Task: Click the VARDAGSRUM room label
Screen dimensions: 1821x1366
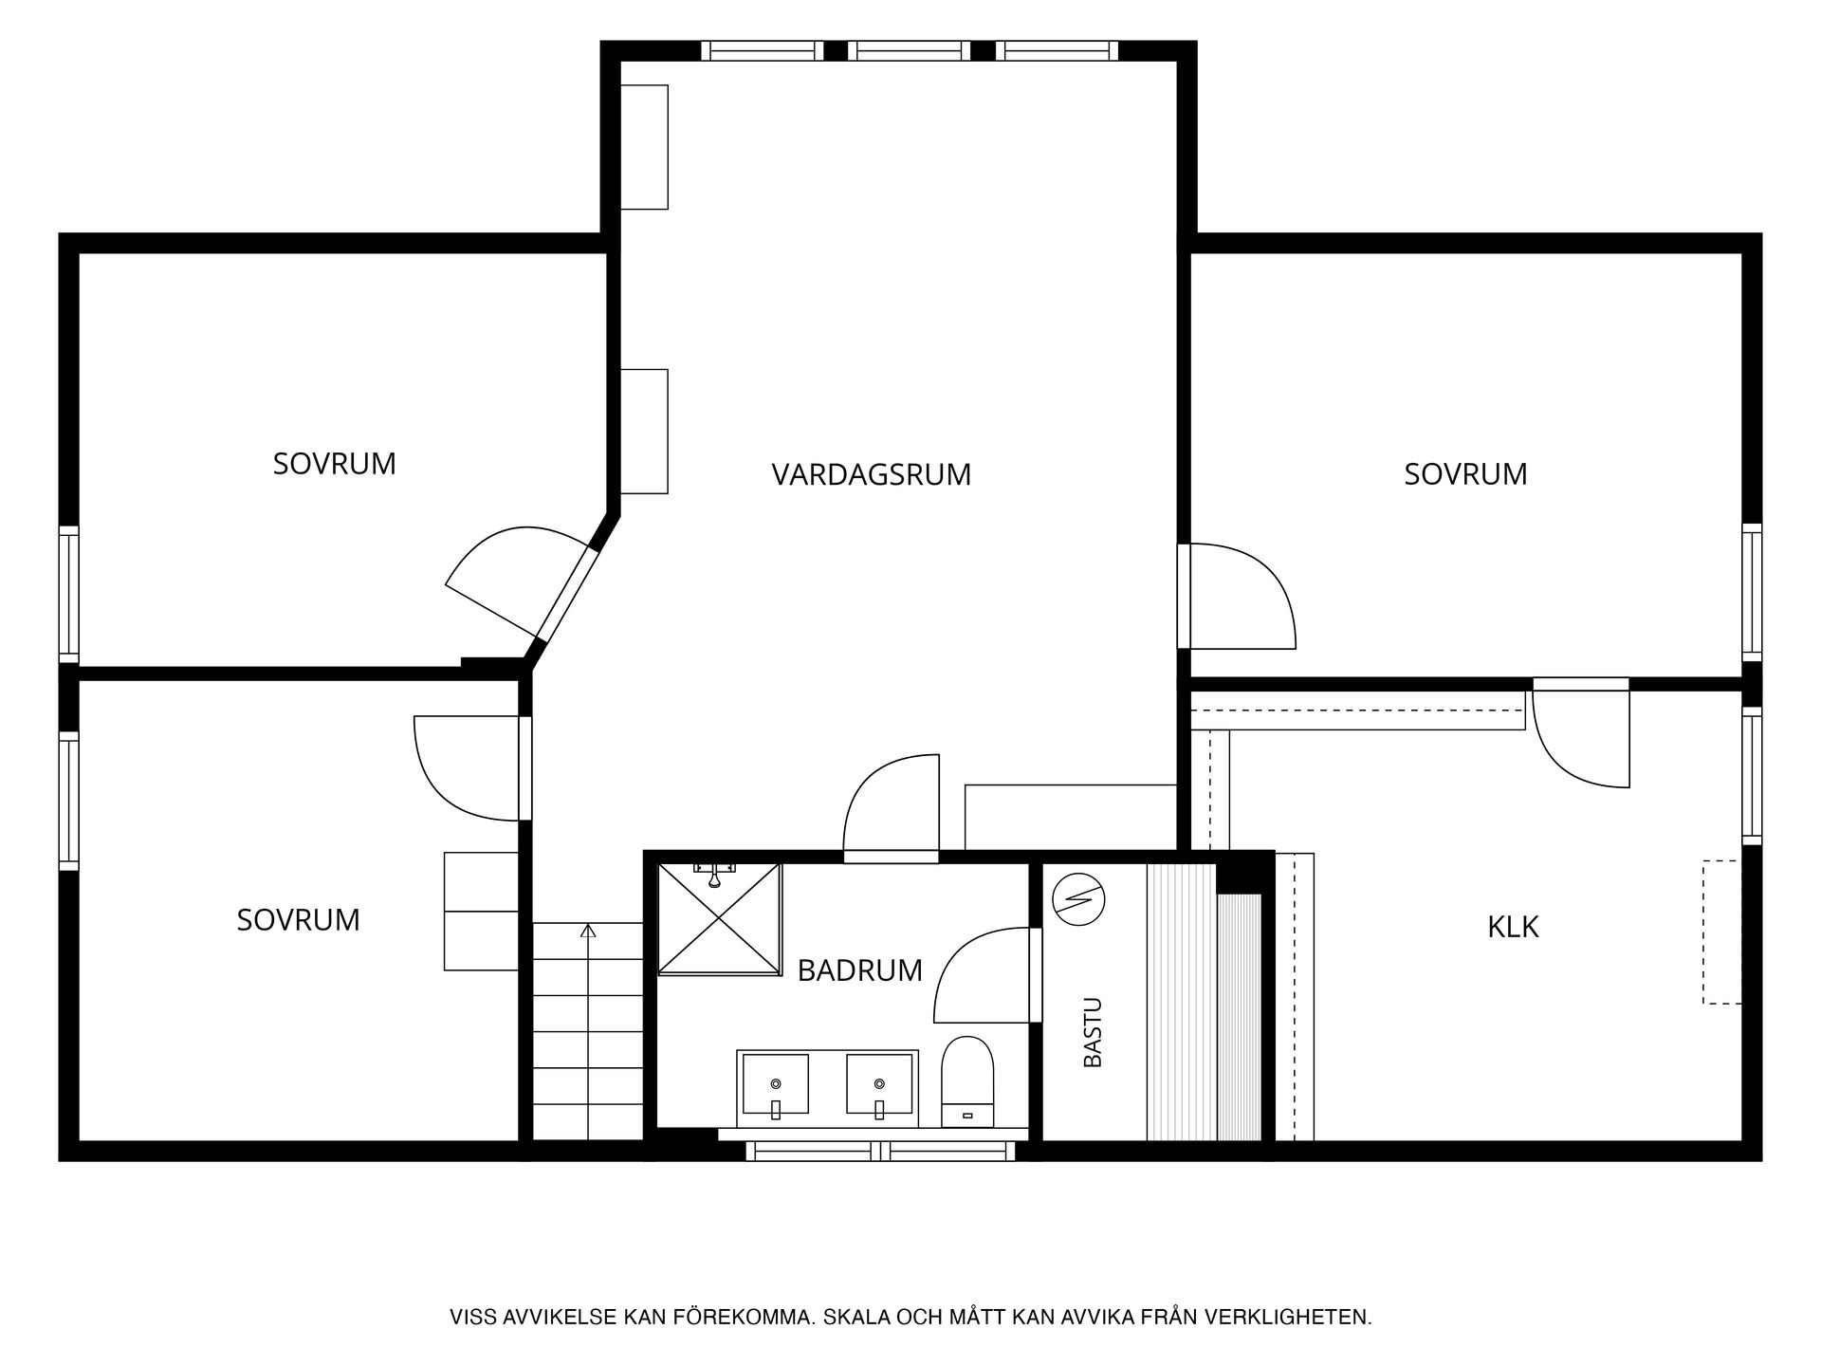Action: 871,474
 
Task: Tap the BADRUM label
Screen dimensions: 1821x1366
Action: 859,970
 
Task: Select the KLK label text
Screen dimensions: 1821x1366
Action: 1513,927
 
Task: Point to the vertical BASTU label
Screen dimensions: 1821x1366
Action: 1093,1032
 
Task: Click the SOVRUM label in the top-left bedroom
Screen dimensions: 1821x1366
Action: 334,464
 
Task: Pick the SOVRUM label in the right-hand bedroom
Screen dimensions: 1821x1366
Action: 1465,474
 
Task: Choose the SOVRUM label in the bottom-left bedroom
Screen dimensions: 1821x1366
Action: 298,920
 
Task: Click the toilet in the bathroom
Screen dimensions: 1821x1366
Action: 966,1082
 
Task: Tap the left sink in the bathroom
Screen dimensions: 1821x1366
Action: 775,1084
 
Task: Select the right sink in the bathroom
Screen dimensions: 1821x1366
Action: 879,1084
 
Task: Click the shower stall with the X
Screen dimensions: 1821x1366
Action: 719,918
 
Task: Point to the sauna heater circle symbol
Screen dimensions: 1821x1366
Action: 1079,898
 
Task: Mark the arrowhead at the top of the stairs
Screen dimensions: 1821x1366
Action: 588,931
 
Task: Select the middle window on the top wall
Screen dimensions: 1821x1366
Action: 909,50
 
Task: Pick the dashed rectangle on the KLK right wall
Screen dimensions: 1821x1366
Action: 1721,932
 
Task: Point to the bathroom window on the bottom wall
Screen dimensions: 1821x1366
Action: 880,1151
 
